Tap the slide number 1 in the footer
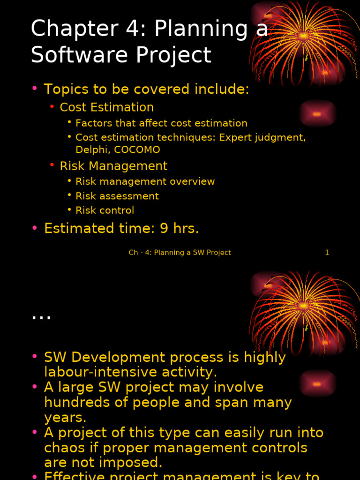pos(327,253)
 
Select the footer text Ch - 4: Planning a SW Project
pos(180,253)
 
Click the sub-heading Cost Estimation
pos(106,107)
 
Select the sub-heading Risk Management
pos(113,166)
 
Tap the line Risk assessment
pos(117,196)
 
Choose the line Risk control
pos(105,210)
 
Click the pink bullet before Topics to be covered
pos(35,89)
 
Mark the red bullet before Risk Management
pos(52,165)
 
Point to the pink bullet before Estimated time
pos(35,228)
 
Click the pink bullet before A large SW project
pos(35,387)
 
